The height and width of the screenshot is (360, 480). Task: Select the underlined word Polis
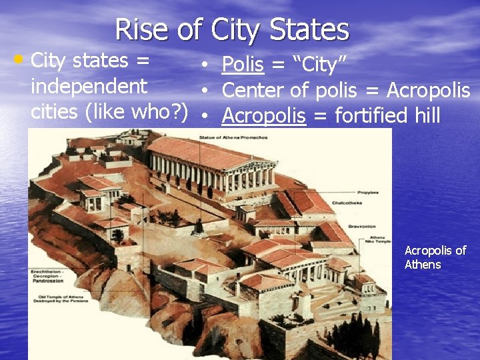pos(243,65)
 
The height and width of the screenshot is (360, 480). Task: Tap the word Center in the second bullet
pos(257,90)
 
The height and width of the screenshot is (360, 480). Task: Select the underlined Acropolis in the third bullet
pos(263,116)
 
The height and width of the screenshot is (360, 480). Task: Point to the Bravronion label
pos(360,226)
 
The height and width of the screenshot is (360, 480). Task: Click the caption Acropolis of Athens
pos(435,257)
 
